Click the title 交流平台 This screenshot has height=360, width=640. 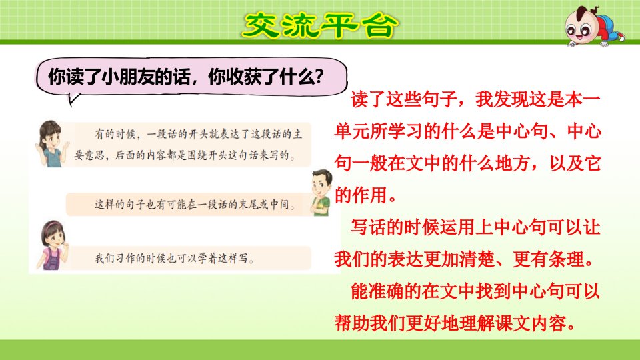(319, 25)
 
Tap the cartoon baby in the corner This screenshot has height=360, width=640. (594, 26)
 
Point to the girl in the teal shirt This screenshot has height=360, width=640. (51, 144)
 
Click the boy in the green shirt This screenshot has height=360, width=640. (321, 192)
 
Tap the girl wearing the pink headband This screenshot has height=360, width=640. (53, 245)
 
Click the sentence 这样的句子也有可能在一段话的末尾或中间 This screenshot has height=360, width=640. (195, 204)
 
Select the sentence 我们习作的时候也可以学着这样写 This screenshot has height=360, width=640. (174, 259)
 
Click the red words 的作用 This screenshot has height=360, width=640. (361, 195)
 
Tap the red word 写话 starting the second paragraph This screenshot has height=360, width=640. (368, 227)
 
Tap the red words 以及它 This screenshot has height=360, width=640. (575, 163)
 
